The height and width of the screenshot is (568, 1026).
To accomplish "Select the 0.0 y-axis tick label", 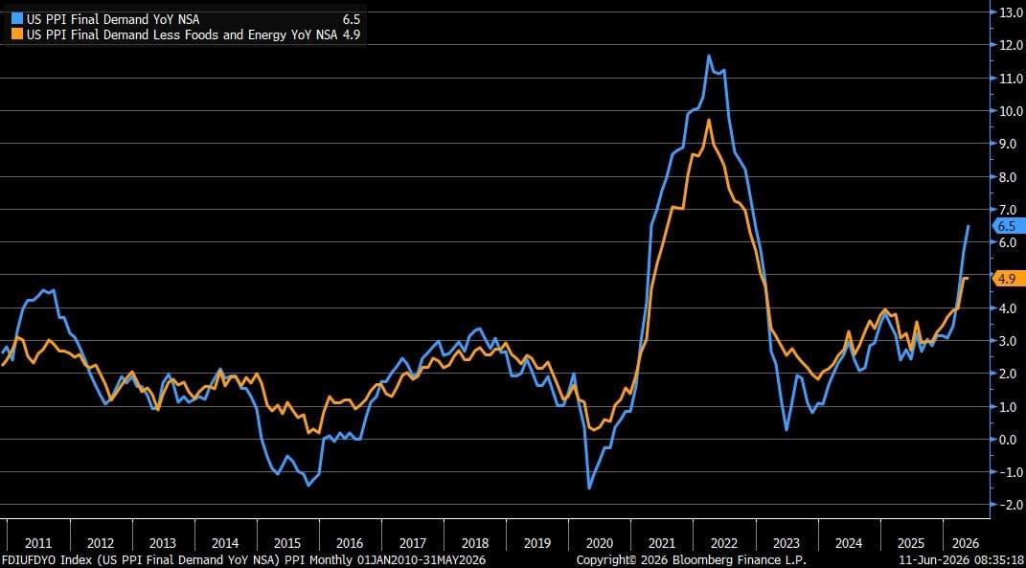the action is click(1011, 439).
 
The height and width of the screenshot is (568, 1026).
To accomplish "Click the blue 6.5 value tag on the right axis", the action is click(1006, 226).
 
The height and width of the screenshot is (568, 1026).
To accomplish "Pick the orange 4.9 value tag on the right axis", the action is click(1006, 279).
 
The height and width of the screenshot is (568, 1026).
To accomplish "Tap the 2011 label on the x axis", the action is click(38, 543).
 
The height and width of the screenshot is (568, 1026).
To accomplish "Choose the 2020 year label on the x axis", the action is click(600, 543).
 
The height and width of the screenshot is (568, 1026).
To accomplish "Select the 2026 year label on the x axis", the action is click(966, 543).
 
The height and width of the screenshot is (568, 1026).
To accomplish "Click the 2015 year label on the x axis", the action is click(287, 543).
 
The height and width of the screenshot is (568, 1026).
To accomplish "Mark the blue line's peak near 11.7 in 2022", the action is click(708, 55).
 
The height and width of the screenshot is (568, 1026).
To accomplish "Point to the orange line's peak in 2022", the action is click(709, 119).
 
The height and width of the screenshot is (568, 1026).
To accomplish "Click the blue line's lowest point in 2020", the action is click(589, 488).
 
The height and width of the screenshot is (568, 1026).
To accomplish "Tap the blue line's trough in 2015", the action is click(308, 486).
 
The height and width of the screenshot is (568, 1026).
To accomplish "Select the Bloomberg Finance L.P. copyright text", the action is click(691, 560).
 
